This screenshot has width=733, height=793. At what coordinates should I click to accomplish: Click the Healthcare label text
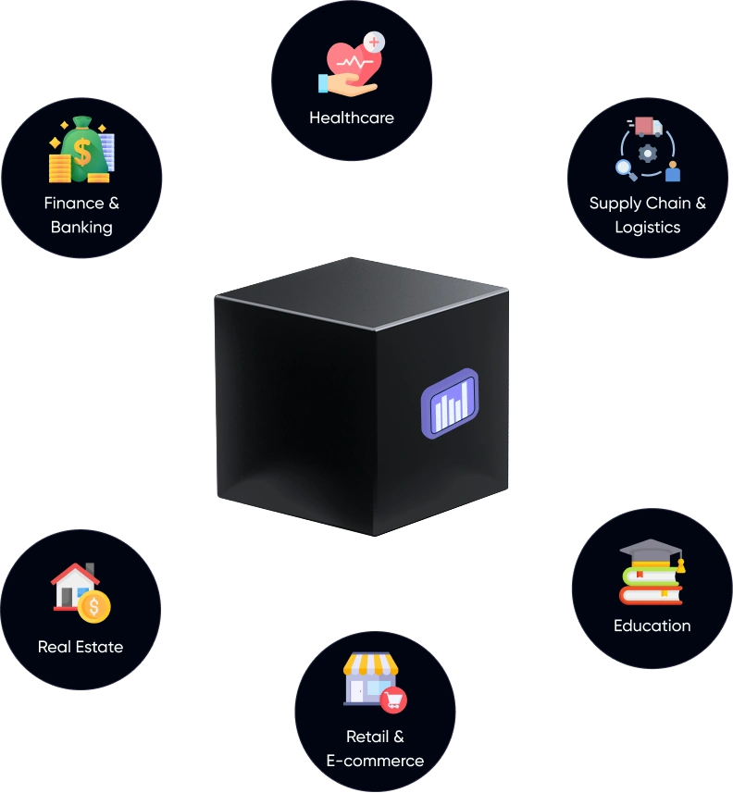point(351,118)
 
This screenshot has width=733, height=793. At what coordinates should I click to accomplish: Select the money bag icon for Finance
point(81,150)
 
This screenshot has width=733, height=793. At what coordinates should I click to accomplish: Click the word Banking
point(81,227)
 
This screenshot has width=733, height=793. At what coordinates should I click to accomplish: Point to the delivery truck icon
point(649,127)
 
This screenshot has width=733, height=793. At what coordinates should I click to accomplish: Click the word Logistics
point(648,227)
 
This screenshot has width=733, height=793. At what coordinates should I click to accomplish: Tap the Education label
point(652,626)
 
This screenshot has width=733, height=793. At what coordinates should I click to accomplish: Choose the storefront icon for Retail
point(369,677)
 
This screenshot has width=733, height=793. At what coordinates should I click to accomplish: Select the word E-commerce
point(375,761)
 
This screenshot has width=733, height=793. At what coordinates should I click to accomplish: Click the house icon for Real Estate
point(74,587)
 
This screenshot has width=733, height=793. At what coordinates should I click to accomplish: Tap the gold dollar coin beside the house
point(94,607)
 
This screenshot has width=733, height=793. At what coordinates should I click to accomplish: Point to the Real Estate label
point(81,647)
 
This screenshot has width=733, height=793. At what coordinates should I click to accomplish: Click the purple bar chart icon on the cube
point(450,403)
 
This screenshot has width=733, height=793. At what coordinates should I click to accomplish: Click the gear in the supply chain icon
point(648,152)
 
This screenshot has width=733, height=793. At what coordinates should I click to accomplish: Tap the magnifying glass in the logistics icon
point(627,168)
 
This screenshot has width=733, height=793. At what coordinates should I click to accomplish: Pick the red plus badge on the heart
point(374,42)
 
